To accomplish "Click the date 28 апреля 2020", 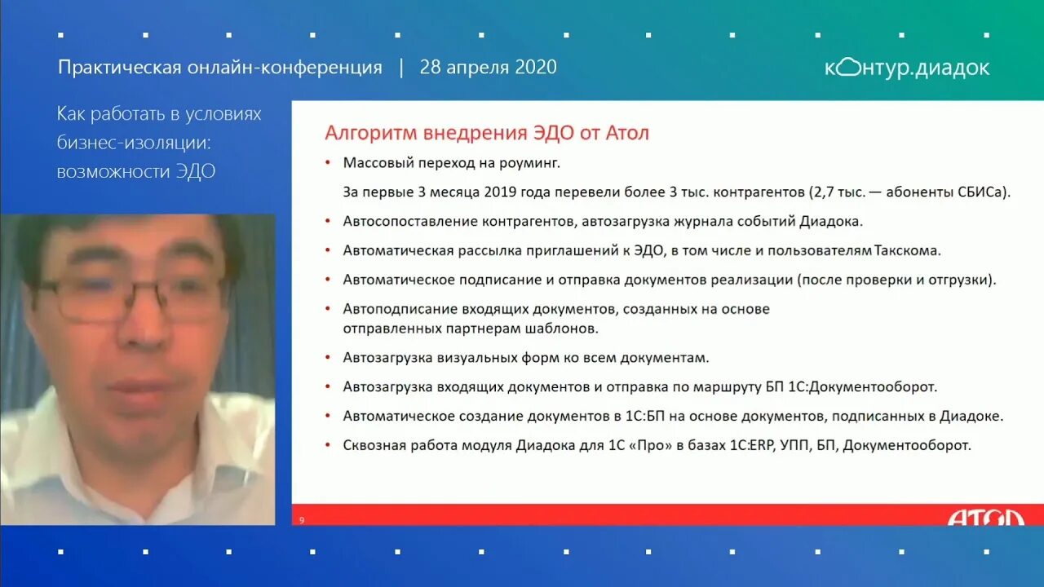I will tap(488, 67).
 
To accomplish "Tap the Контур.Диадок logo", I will tap(907, 68).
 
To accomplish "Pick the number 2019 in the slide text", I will tap(503, 192).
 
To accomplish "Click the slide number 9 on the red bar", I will tap(302, 520).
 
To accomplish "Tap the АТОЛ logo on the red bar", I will tap(984, 518).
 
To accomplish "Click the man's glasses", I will tap(130, 297).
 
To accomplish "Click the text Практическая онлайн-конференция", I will tap(219, 67).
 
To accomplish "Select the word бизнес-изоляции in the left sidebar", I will tap(133, 143).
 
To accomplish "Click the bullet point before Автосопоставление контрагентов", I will tap(328, 221).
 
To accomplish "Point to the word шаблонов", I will tap(568, 328).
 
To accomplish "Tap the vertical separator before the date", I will tap(400, 67).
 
